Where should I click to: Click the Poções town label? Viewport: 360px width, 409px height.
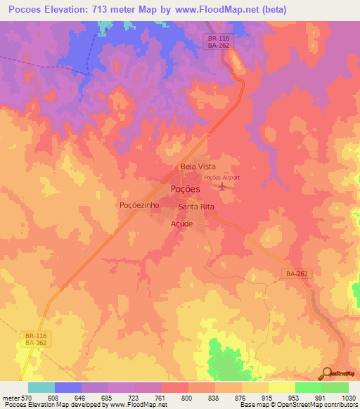[186, 189]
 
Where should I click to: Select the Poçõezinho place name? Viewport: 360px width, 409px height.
[139, 205]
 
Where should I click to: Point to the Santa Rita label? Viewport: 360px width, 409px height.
[196, 207]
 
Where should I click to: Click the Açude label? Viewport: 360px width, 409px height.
[181, 223]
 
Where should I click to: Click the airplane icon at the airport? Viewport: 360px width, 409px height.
[224, 187]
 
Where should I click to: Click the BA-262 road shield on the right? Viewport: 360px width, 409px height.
[297, 273]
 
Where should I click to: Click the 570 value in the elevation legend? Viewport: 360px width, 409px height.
[22, 397]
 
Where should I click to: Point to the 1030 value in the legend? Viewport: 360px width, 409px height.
[340, 397]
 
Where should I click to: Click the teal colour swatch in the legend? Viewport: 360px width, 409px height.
[41, 387]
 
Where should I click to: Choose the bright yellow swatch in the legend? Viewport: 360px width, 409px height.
[282, 387]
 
